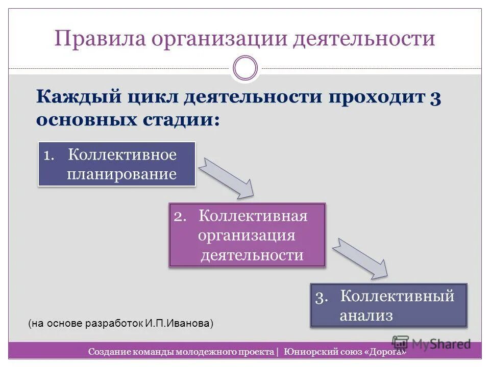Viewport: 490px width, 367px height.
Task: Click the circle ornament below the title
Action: coord(245,68)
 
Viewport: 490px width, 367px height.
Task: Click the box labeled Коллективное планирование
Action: coord(117,164)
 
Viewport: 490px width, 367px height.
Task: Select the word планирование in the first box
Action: coord(122,174)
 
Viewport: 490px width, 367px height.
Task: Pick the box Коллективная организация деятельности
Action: coord(247,235)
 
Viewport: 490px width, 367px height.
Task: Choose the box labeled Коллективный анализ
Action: coord(388,305)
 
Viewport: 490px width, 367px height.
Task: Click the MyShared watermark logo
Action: coord(432,344)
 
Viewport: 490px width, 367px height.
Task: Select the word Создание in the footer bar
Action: coord(108,352)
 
